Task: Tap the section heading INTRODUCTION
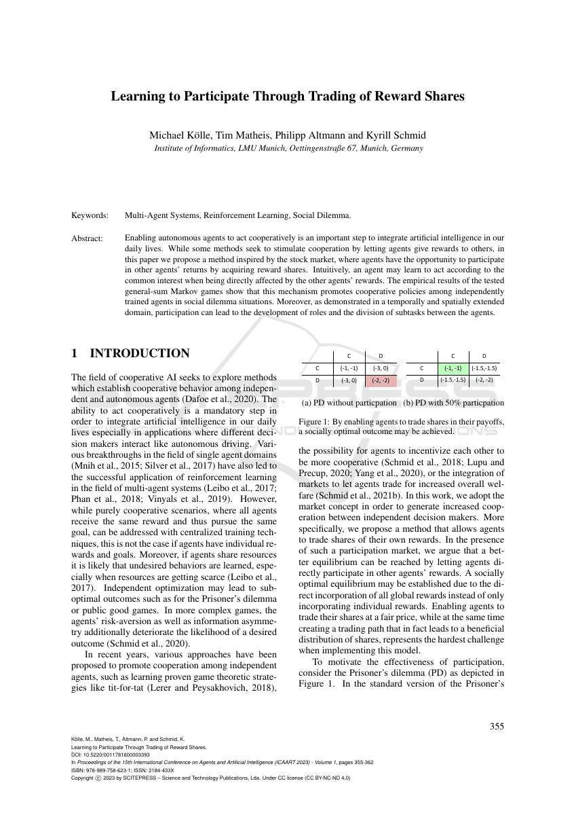pyautogui.click(x=140, y=353)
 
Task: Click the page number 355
pyautogui.click(x=497, y=727)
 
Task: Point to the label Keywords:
pyautogui.click(x=90, y=215)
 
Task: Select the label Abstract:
pyautogui.click(x=88, y=238)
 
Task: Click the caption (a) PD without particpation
pyautogui.click(x=349, y=403)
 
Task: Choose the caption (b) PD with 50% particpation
pyautogui.click(x=453, y=403)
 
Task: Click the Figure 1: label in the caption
pyautogui.click(x=314, y=422)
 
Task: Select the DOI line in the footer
pyautogui.click(x=111, y=755)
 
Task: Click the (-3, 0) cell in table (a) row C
pyautogui.click(x=381, y=368)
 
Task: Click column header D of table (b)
pyautogui.click(x=484, y=355)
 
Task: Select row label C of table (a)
pyautogui.click(x=317, y=368)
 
